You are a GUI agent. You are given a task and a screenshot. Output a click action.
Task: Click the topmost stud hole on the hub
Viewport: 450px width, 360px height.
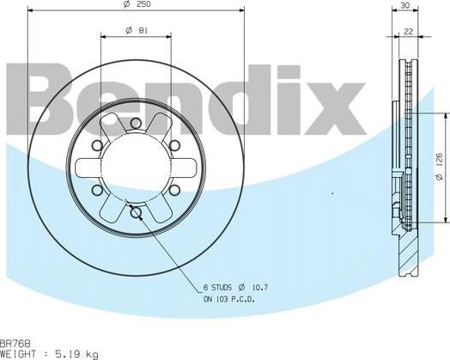point(136,124)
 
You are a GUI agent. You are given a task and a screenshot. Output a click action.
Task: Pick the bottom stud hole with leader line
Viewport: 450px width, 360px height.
point(136,211)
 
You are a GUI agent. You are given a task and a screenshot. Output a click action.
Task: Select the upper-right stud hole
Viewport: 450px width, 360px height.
point(174,145)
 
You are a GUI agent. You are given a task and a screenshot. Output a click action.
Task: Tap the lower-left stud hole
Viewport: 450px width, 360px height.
point(97,189)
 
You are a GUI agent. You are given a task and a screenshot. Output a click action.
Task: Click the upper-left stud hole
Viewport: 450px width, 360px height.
point(97,145)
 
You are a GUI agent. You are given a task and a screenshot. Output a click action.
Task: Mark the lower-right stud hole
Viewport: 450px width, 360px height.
point(174,189)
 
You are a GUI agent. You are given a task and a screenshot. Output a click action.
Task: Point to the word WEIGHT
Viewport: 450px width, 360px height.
point(17,353)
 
